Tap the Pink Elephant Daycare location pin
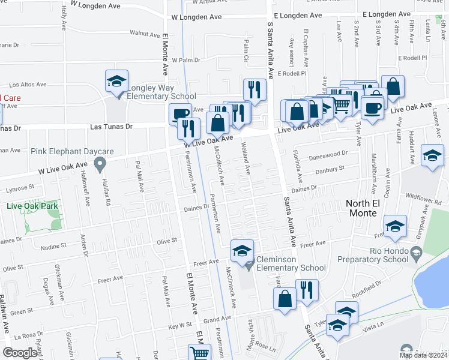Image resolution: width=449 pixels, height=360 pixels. pyautogui.click(x=100, y=163)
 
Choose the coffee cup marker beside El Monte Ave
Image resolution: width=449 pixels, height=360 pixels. pyautogui.click(x=179, y=113)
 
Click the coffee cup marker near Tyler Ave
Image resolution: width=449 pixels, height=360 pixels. pyautogui.click(x=372, y=107)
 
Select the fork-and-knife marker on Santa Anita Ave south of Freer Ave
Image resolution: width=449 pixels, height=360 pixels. pyautogui.click(x=307, y=290)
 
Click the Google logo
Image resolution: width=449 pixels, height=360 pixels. pyautogui.click(x=20, y=353)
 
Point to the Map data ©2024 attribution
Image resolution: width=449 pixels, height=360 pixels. pyautogui.click(x=423, y=355)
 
